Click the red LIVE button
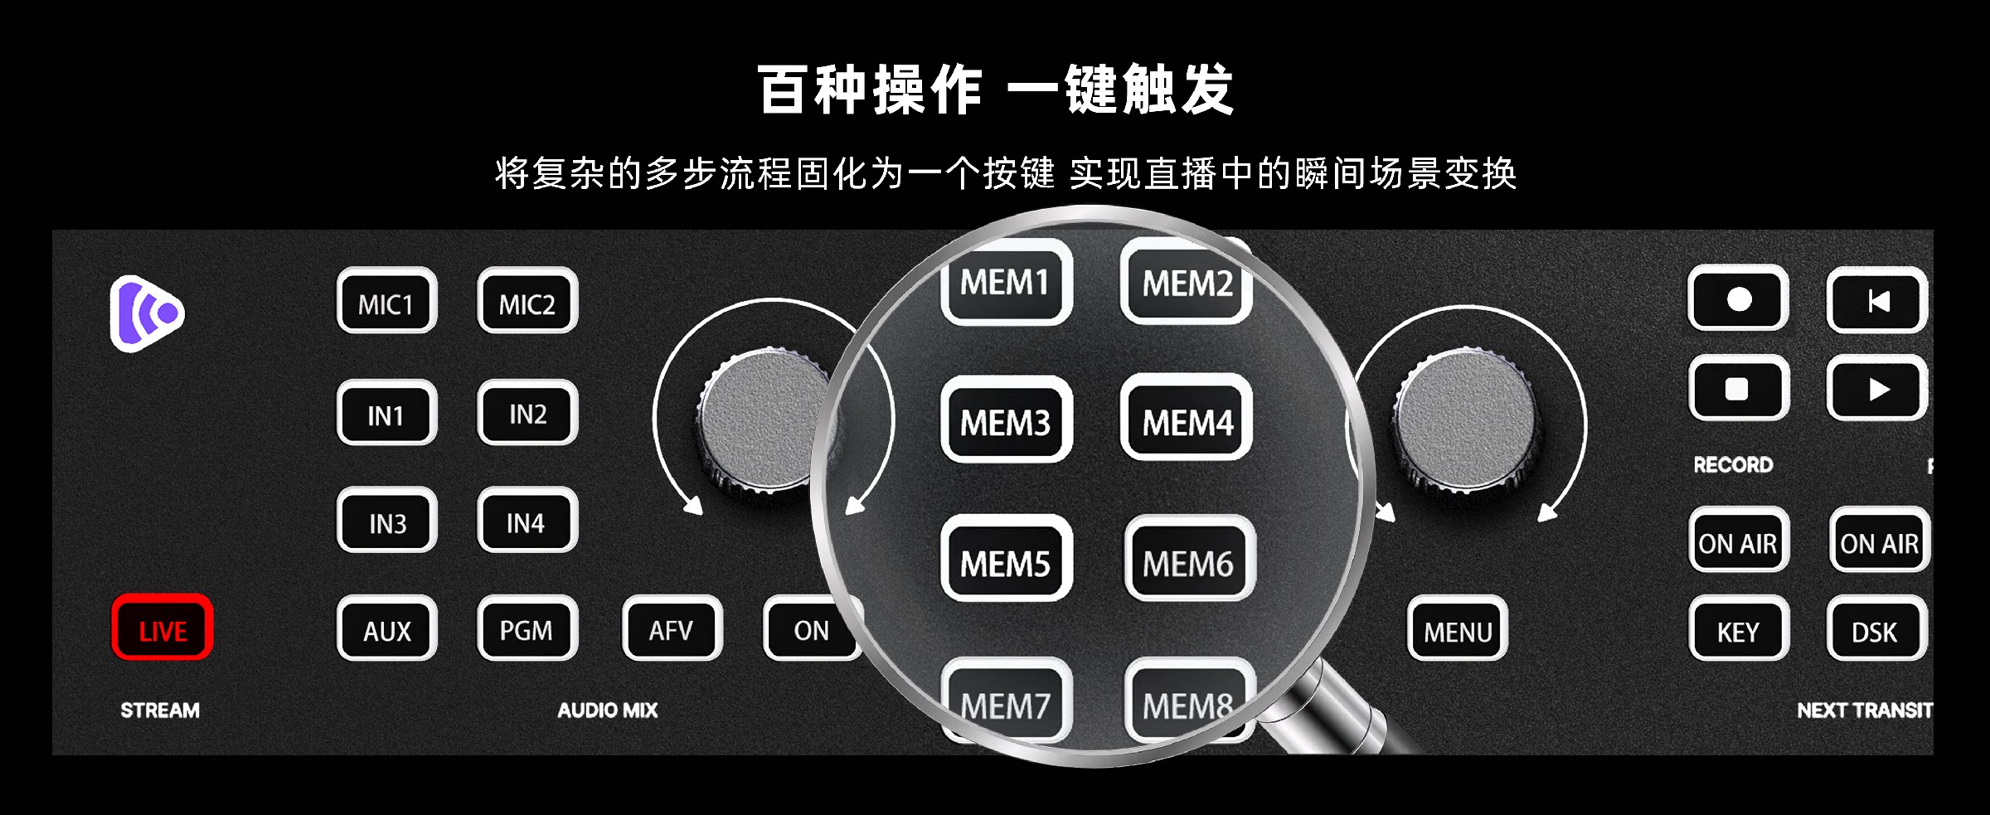click(163, 628)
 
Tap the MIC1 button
click(386, 300)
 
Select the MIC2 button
click(527, 300)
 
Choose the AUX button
click(386, 628)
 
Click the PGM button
click(527, 628)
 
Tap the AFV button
click(672, 628)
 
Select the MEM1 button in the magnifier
click(1006, 281)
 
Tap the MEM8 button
click(1188, 701)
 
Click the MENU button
click(1457, 628)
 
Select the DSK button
click(1877, 628)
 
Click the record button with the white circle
click(1738, 298)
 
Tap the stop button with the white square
click(1738, 388)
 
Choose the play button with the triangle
click(1877, 388)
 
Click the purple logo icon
click(147, 313)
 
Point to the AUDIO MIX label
click(608, 711)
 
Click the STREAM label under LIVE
click(160, 711)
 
